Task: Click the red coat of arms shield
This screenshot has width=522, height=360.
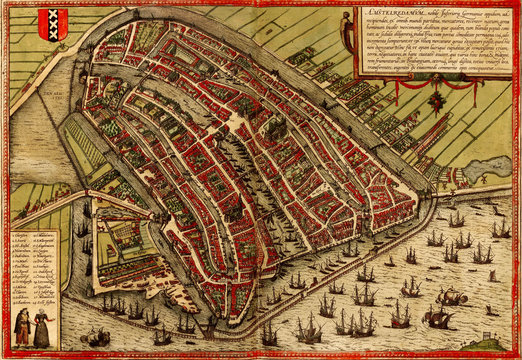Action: pos(52,22)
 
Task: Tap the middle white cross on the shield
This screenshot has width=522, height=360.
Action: pos(52,22)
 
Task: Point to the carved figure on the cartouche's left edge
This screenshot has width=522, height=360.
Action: pos(348,28)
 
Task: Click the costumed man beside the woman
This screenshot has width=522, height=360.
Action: pos(22,326)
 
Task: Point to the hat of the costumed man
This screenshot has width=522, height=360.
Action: pos(22,312)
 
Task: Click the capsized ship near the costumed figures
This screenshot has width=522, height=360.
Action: pos(450,297)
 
